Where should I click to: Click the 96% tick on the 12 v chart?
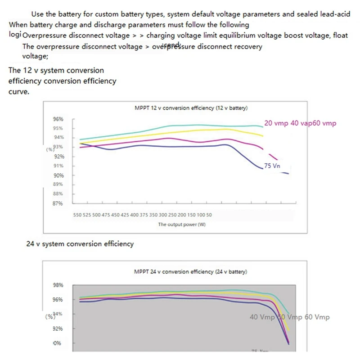[x=58, y=119]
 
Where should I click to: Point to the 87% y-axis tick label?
[x=58, y=203]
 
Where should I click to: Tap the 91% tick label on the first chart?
[x=58, y=166]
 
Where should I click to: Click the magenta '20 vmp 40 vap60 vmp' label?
[x=300, y=123]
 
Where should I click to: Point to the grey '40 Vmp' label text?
[x=262, y=317]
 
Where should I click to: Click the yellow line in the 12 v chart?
[x=180, y=133]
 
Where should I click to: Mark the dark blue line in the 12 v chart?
[x=180, y=146]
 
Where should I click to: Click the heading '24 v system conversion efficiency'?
[x=80, y=244]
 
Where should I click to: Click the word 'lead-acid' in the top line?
[x=333, y=14]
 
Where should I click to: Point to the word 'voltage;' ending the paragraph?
[x=35, y=56]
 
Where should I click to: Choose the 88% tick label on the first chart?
[x=58, y=193]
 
